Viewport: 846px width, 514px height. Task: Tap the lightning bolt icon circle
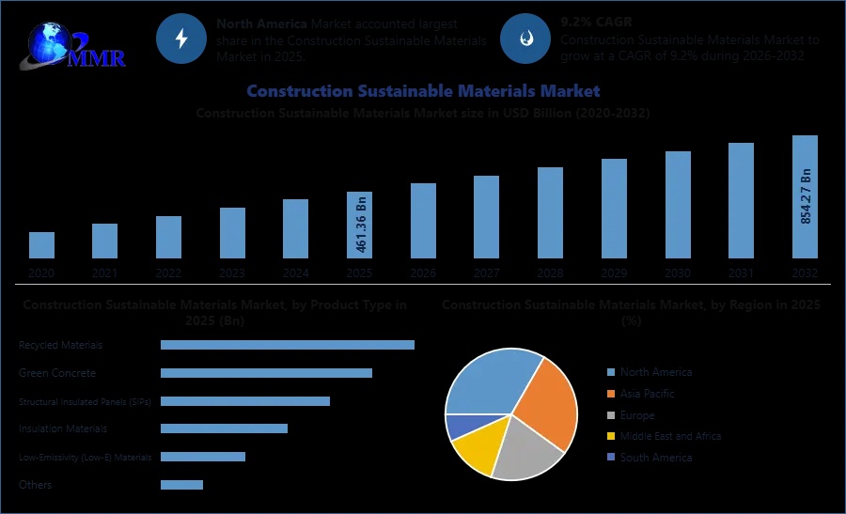tap(181, 39)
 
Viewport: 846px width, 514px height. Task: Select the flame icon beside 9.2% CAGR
tap(525, 39)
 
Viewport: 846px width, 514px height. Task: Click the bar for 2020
tap(41, 244)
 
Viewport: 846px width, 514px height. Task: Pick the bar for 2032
tap(805, 196)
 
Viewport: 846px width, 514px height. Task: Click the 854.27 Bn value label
tap(806, 196)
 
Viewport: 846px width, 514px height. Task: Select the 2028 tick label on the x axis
tap(550, 273)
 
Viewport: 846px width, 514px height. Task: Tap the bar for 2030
tap(678, 204)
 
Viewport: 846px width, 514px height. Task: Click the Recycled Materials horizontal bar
tap(287, 345)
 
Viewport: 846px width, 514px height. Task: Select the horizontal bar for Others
tap(181, 485)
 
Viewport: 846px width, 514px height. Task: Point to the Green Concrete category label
tap(57, 373)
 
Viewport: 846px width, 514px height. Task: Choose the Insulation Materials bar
tap(224, 428)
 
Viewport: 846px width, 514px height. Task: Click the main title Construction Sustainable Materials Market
tap(423, 91)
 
